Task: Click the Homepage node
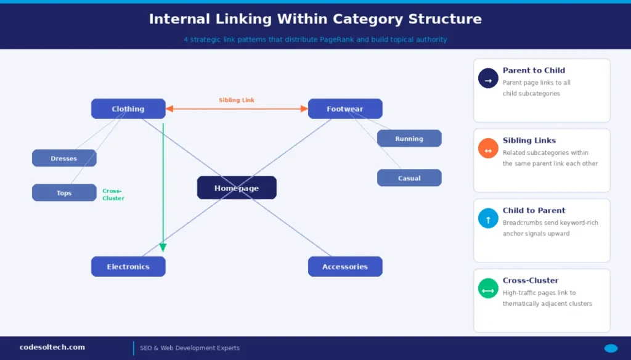click(237, 188)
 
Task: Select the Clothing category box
click(128, 109)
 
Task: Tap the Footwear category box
click(345, 109)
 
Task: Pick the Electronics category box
click(128, 267)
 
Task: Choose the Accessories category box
click(345, 267)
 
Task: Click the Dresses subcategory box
click(64, 158)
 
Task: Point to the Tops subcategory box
click(64, 193)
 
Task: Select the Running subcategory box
click(409, 139)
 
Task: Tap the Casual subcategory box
click(409, 178)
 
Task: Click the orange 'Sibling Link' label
click(237, 100)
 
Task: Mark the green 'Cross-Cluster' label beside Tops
click(113, 195)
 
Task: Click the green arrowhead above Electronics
click(163, 247)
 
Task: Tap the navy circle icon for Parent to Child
click(488, 78)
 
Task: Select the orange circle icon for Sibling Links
click(488, 149)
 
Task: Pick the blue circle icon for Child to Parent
click(488, 218)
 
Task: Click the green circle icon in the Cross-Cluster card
click(488, 288)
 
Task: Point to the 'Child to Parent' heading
click(534, 210)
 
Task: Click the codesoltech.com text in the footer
click(52, 347)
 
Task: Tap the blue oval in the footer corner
click(611, 348)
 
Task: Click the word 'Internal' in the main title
click(176, 19)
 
